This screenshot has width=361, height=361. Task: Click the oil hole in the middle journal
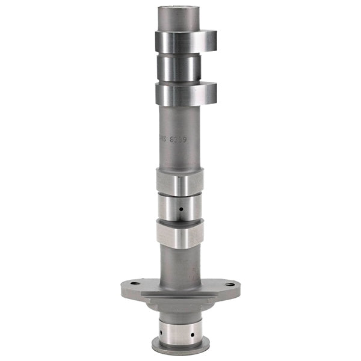(180, 209)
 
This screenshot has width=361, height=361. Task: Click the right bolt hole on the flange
(230, 283)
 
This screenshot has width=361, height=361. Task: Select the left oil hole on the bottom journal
(162, 330)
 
